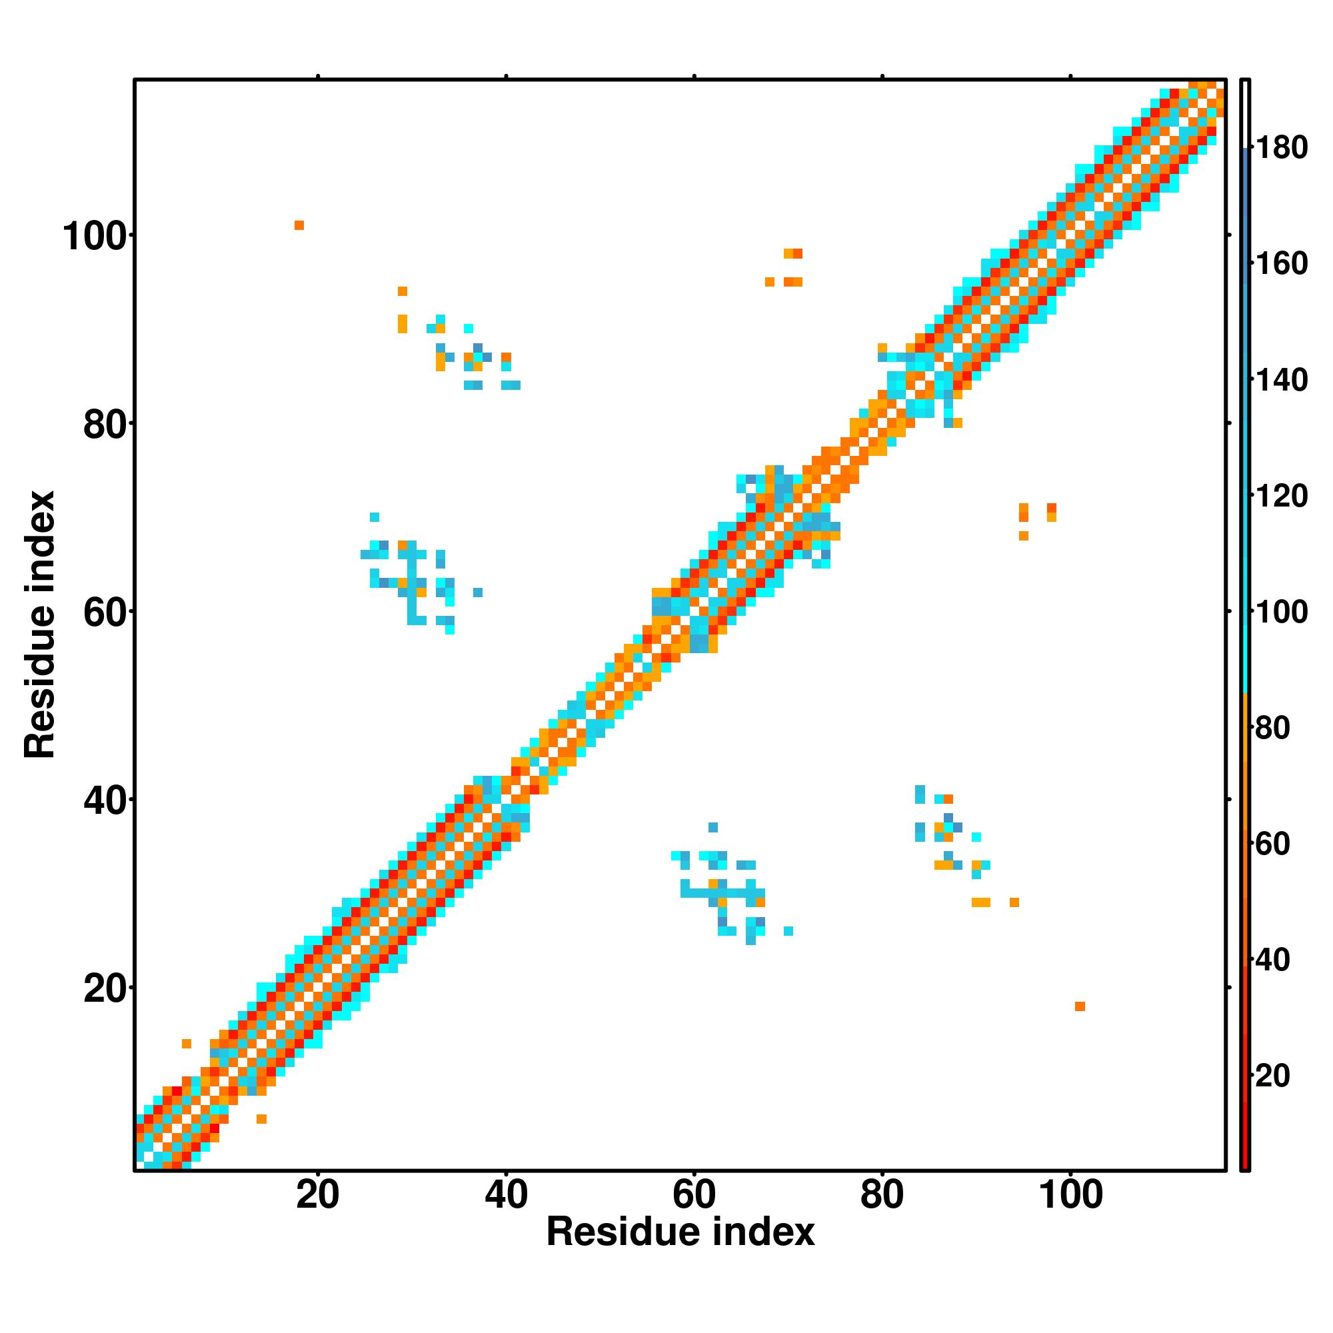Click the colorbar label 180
pyautogui.click(x=1281, y=148)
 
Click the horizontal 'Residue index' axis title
pyautogui.click(x=680, y=1232)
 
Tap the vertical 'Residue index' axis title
pyautogui.click(x=40, y=625)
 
